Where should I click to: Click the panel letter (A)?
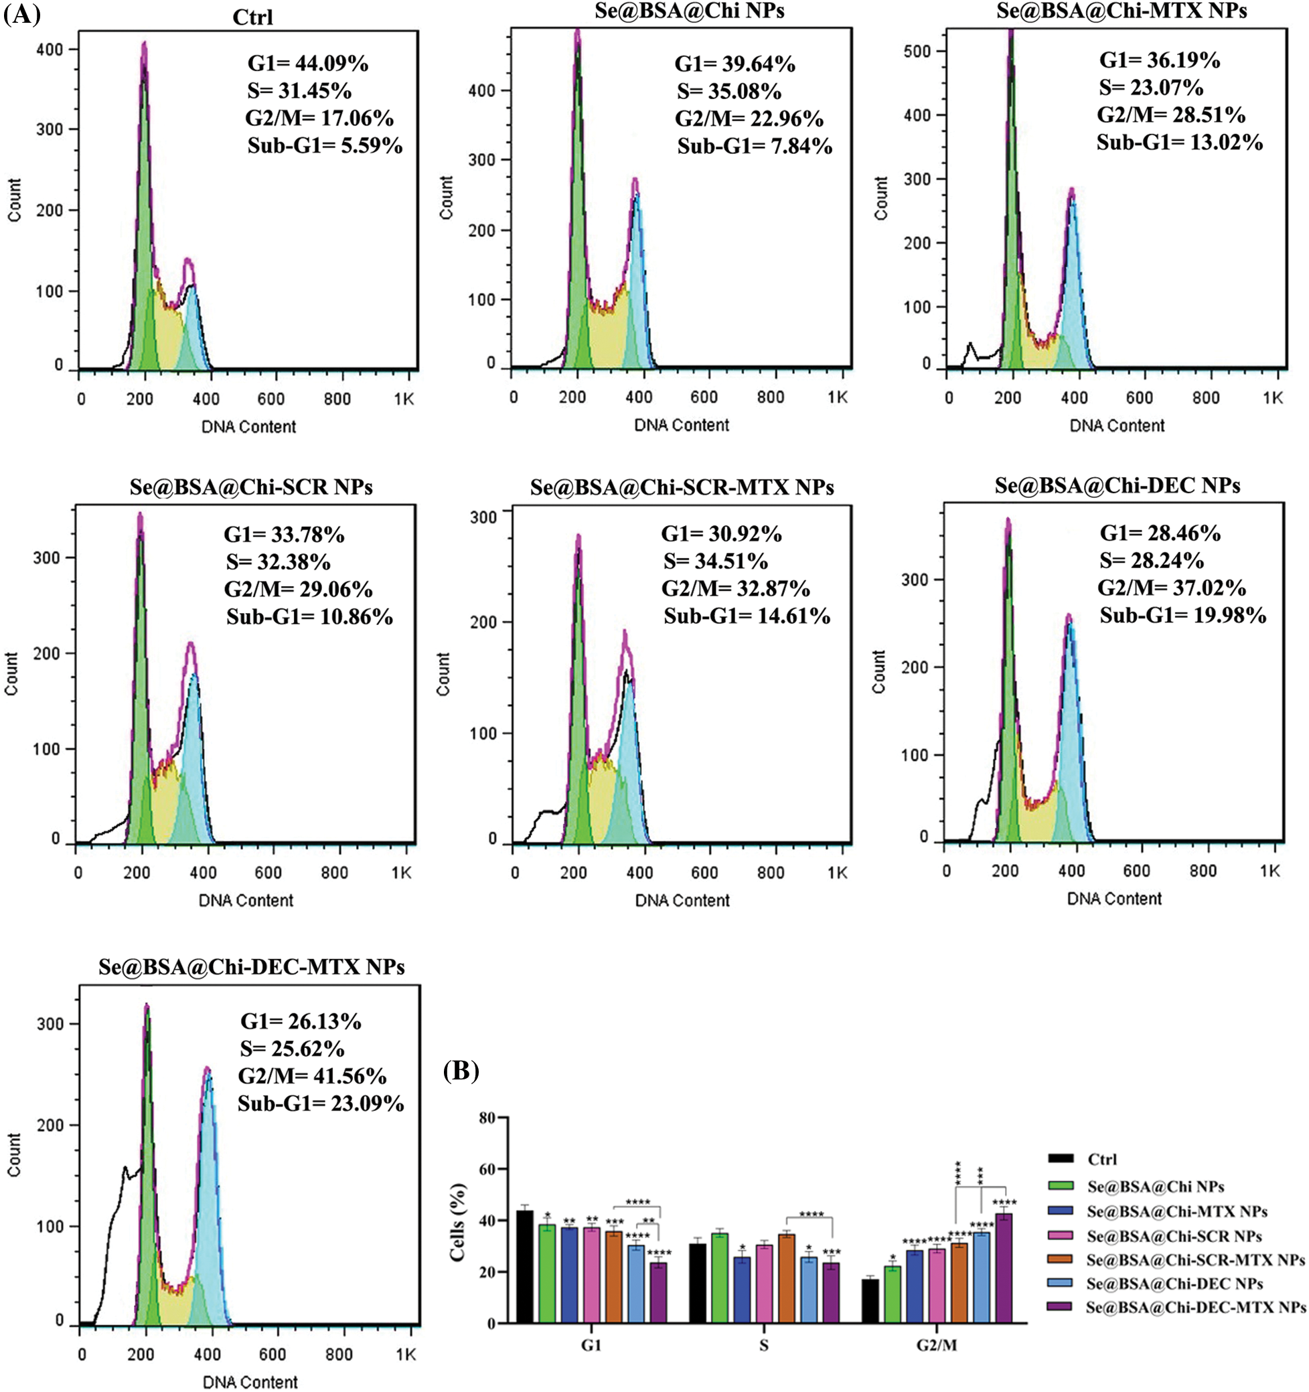21,13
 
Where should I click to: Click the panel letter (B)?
461,1071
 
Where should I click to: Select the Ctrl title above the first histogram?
252,17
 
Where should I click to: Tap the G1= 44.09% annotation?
307,64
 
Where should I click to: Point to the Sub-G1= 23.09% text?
320,1104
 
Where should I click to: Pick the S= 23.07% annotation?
1151,88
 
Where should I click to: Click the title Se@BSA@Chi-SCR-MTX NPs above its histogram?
682,487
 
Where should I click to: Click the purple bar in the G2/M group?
1004,1268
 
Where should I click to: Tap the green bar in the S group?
719,1278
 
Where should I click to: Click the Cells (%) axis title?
458,1222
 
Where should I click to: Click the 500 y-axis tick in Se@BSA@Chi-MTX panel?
917,51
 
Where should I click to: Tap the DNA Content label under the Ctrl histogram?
248,426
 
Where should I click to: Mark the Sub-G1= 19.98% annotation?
1182,616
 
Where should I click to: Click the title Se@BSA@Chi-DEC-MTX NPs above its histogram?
252,967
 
